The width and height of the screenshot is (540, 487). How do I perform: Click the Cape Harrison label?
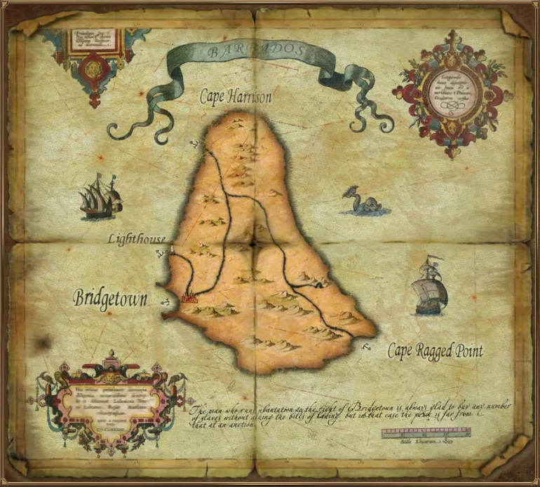[235, 97]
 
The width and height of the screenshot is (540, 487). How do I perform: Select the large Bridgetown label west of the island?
[110, 299]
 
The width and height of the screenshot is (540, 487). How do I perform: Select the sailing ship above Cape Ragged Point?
[428, 287]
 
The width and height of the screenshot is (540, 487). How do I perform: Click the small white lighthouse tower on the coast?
[173, 249]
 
